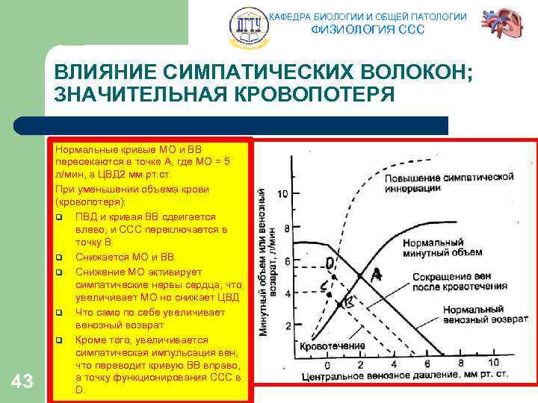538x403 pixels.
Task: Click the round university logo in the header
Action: [x=246, y=25]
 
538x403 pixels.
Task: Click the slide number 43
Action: [x=23, y=382]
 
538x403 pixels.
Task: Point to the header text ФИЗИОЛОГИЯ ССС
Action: [x=368, y=30]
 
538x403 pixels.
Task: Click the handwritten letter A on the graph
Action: [x=377, y=275]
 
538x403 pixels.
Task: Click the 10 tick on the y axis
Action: [x=282, y=195]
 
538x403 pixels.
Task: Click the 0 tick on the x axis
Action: [x=327, y=365]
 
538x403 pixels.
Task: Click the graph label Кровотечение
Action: [x=333, y=346]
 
